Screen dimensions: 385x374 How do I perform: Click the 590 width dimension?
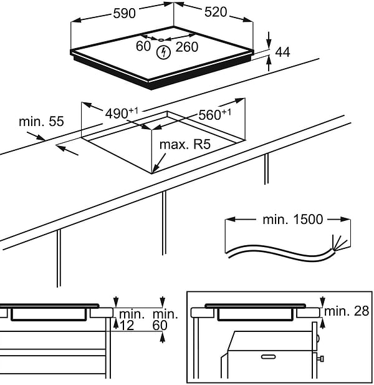123,12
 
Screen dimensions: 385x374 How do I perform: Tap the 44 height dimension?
282,52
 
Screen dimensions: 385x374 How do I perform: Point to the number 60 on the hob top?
143,46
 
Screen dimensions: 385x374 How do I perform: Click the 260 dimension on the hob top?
186,46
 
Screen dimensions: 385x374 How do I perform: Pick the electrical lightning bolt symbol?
164,52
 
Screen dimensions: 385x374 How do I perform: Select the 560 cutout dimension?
214,114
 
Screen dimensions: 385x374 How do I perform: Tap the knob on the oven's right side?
322,359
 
